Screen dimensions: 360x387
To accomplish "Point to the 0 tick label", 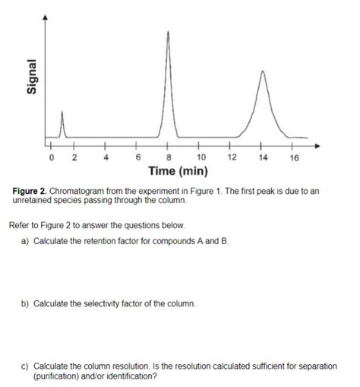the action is click(x=51, y=157).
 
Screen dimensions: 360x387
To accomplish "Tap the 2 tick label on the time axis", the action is click(x=74, y=157).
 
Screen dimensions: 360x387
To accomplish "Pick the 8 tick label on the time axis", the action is click(x=169, y=157).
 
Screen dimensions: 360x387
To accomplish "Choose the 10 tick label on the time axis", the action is click(x=200, y=157).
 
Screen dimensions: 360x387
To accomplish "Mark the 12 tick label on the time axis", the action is click(x=232, y=157).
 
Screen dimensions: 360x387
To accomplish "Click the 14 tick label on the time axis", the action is click(x=264, y=157).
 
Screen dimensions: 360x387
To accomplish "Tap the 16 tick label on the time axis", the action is click(x=295, y=157).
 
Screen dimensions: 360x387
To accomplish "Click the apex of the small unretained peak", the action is click(x=62, y=111).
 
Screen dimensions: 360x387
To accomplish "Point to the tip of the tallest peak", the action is click(x=168, y=31).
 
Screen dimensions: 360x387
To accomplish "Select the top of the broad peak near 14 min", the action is click(x=263, y=71).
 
